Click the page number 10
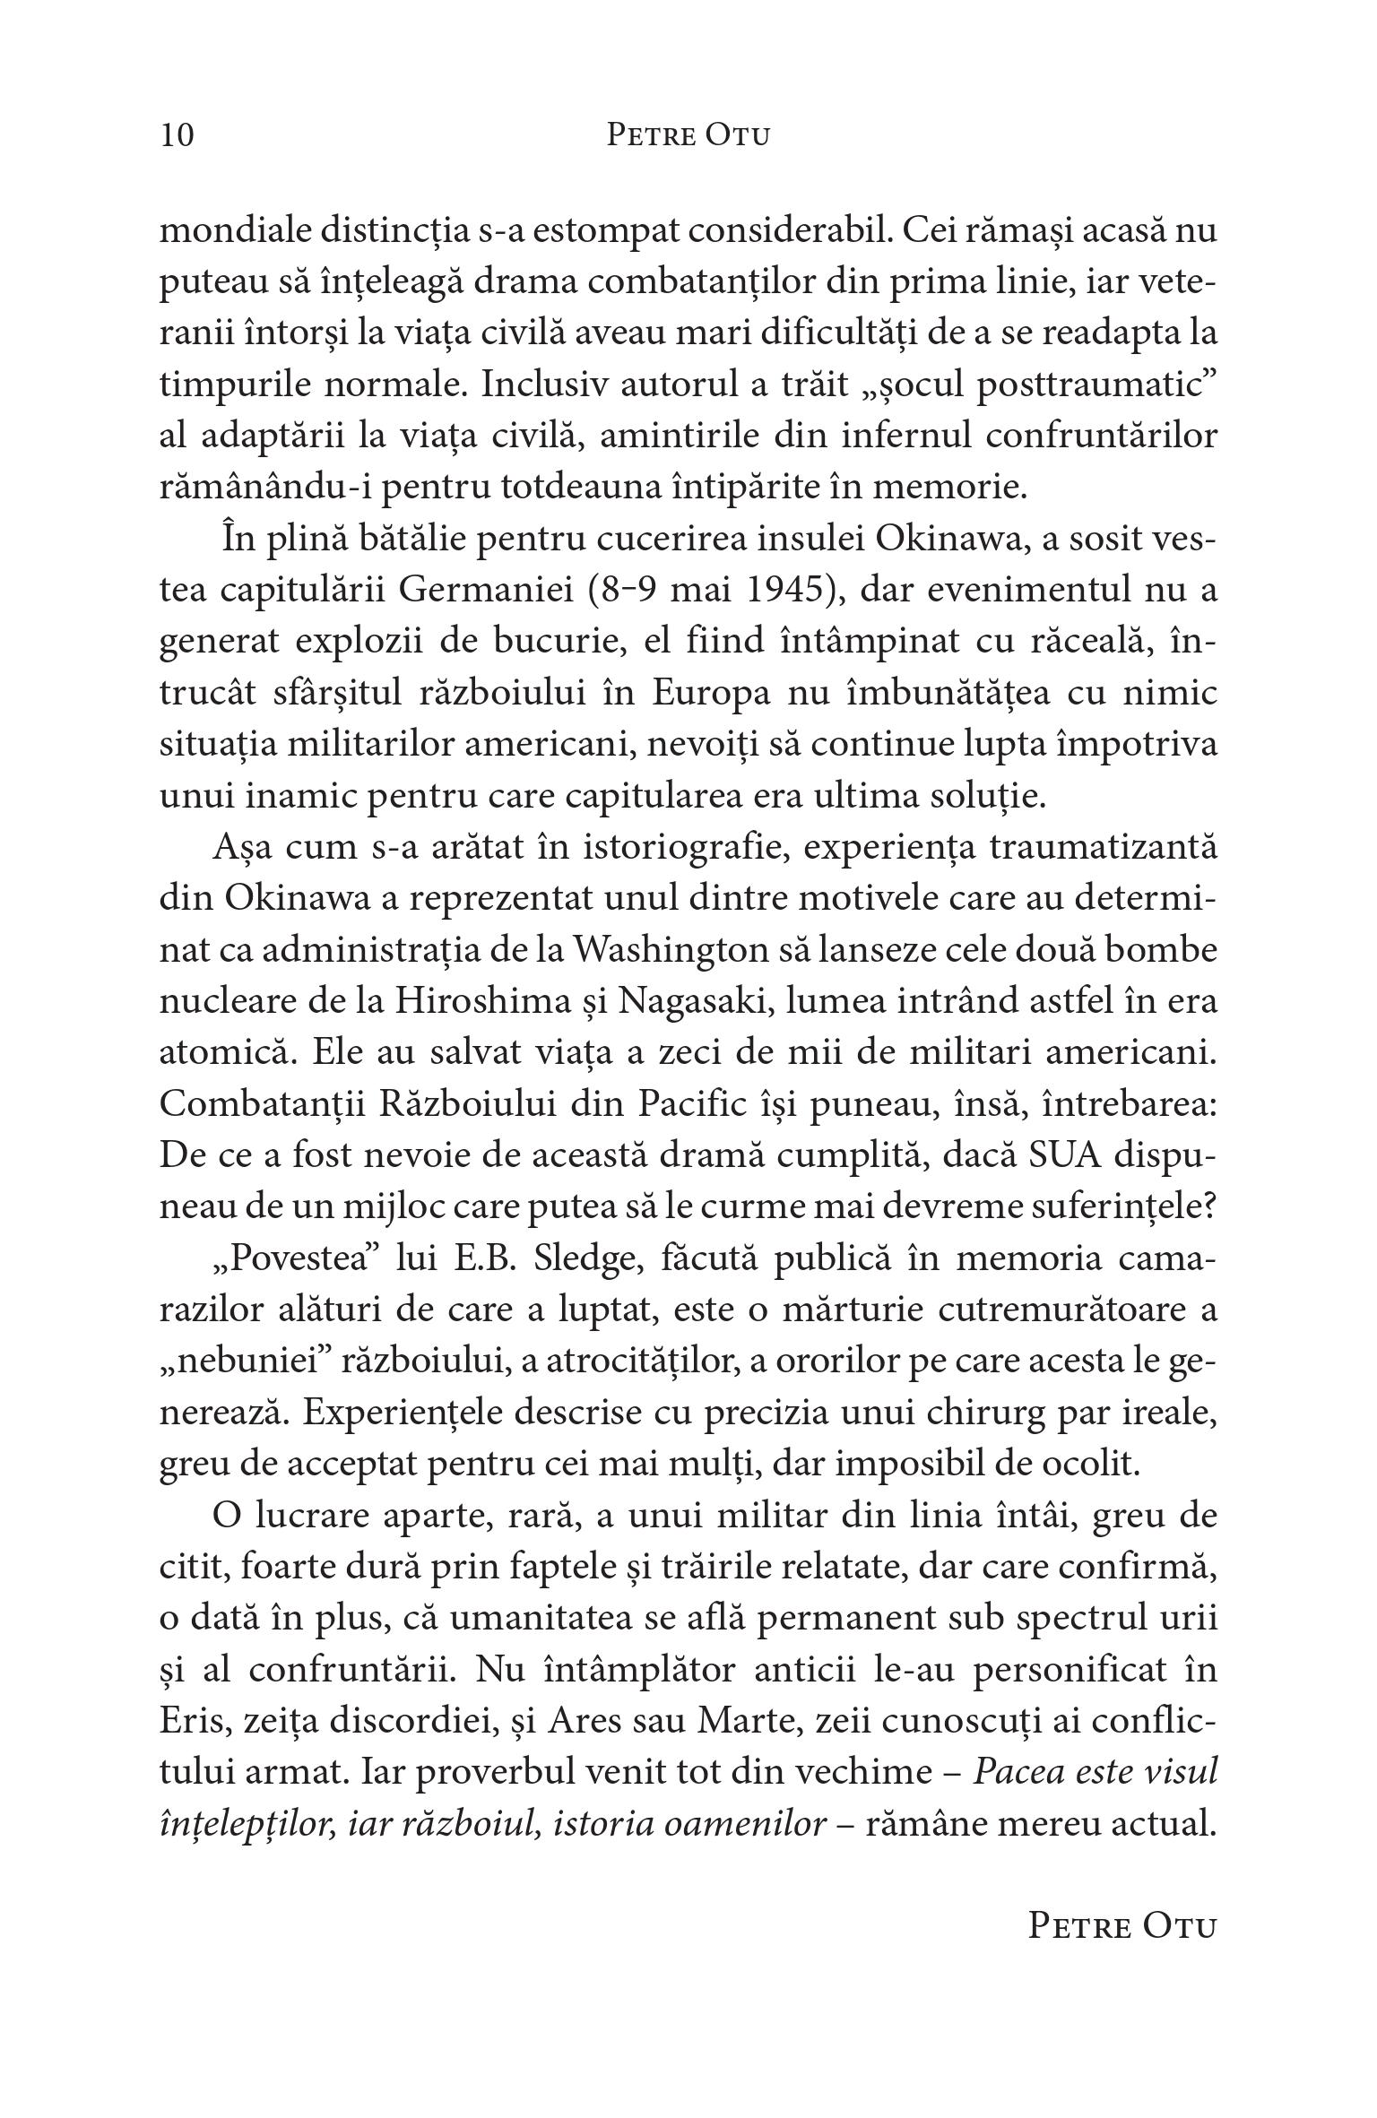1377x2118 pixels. point(177,135)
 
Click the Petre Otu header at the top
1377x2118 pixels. point(688,135)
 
